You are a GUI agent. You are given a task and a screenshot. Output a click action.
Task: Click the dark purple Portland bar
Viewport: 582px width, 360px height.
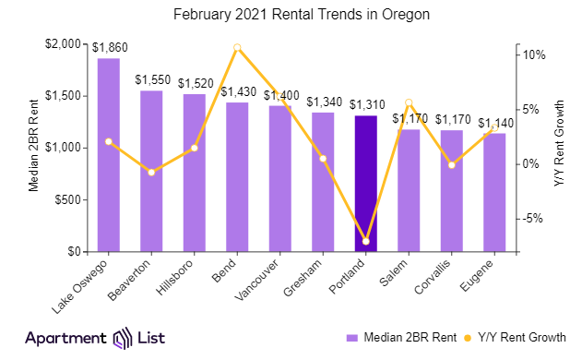(366, 184)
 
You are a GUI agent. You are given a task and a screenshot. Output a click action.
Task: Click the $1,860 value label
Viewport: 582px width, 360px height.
(109, 46)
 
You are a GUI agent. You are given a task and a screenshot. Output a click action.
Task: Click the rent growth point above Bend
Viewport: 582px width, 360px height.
(237, 47)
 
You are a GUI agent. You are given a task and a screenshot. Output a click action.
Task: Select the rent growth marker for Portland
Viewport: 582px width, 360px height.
(366, 241)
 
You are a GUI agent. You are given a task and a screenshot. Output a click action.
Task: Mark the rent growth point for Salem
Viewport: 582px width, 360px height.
(409, 102)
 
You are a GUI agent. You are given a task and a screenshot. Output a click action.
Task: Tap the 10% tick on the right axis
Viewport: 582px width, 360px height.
(536, 54)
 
